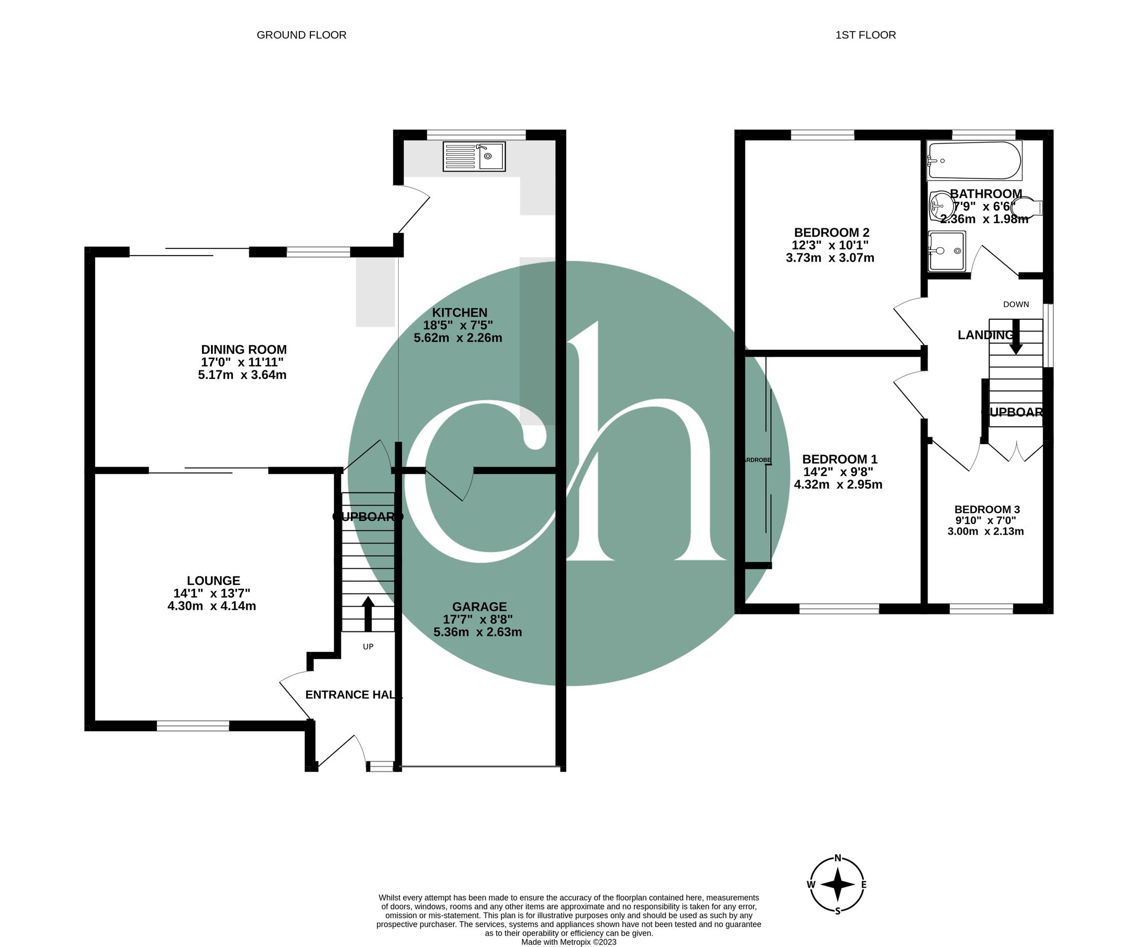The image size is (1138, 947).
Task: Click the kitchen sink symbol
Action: coord(474,156)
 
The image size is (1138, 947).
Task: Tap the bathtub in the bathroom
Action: coord(974,160)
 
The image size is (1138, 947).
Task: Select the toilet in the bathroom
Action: coord(1026,207)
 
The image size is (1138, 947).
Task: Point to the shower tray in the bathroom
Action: coord(946,251)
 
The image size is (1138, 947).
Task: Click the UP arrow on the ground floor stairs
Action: coord(368,613)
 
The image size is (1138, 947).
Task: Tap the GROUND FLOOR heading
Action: coord(301,35)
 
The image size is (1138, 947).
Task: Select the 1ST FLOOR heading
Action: coord(865,35)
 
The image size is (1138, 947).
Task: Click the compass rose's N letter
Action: coord(837,858)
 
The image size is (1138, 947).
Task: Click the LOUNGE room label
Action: coord(213,580)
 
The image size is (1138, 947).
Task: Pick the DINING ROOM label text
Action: coord(244,349)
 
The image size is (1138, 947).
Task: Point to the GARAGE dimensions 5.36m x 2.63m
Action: coord(477,632)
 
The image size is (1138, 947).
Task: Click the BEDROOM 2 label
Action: coord(831,233)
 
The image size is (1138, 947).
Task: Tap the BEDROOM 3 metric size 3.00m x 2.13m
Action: coord(985,531)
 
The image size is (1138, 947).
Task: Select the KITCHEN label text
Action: coord(459,313)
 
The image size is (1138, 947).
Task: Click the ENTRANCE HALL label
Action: coord(354,694)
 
